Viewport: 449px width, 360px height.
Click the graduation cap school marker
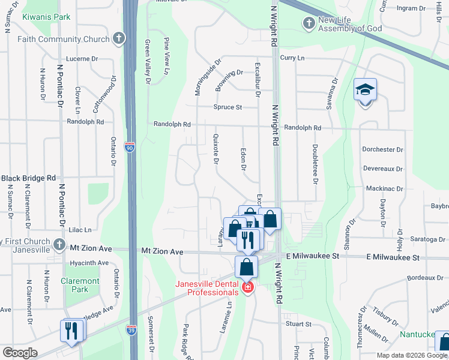365,91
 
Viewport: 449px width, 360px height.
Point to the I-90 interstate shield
130,147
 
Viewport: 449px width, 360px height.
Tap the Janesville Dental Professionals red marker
246,289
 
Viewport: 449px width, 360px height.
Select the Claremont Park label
80,286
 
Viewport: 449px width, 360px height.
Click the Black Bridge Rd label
28,178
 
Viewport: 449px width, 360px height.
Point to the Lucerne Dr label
82,59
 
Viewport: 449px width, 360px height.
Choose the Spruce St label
228,107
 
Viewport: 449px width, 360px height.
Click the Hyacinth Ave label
89,263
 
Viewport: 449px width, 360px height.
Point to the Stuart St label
298,324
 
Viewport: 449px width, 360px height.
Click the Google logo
20,353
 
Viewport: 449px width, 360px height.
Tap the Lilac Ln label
80,230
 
